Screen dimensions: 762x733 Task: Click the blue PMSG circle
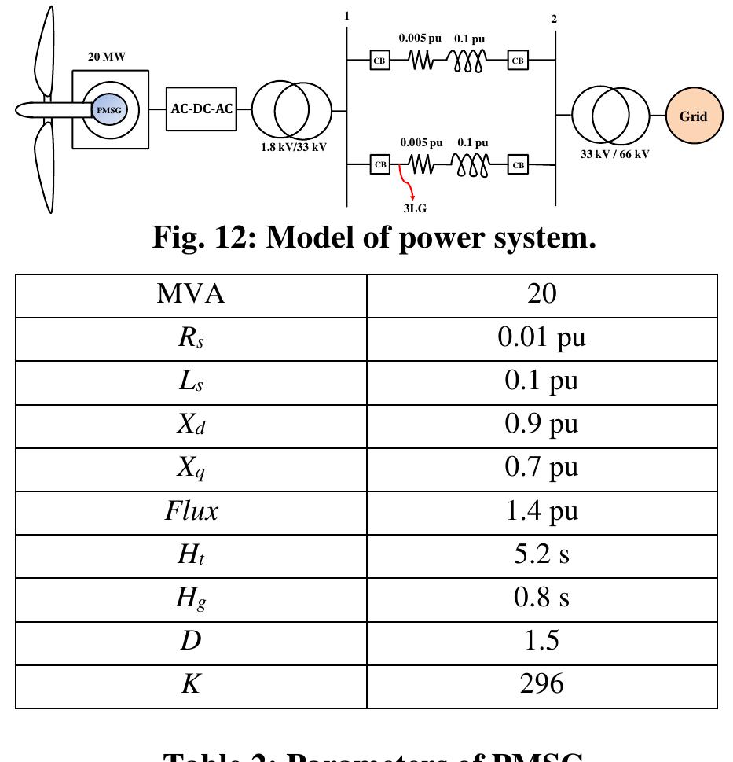[109, 110]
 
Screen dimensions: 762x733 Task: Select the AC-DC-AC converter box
[202, 109]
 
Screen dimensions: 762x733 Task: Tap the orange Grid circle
[693, 116]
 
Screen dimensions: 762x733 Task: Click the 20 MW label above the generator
[106, 57]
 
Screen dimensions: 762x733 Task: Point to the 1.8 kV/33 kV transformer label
[294, 147]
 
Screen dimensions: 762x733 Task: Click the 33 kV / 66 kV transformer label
[614, 154]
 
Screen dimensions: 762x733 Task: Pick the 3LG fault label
[415, 208]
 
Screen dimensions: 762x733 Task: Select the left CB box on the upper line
[379, 60]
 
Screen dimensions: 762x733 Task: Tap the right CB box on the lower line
[518, 165]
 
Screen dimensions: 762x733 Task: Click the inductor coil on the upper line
[468, 61]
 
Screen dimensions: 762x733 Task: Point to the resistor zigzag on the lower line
[421, 164]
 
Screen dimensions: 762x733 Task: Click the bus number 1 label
[346, 16]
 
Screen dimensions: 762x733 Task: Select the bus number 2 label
[554, 19]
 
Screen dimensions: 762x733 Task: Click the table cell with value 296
[541, 684]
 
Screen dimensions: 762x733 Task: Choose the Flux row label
[191, 511]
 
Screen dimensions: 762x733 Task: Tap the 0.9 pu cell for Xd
[541, 424]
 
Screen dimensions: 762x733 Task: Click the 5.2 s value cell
[541, 554]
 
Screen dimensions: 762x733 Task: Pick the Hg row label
[191, 598]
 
